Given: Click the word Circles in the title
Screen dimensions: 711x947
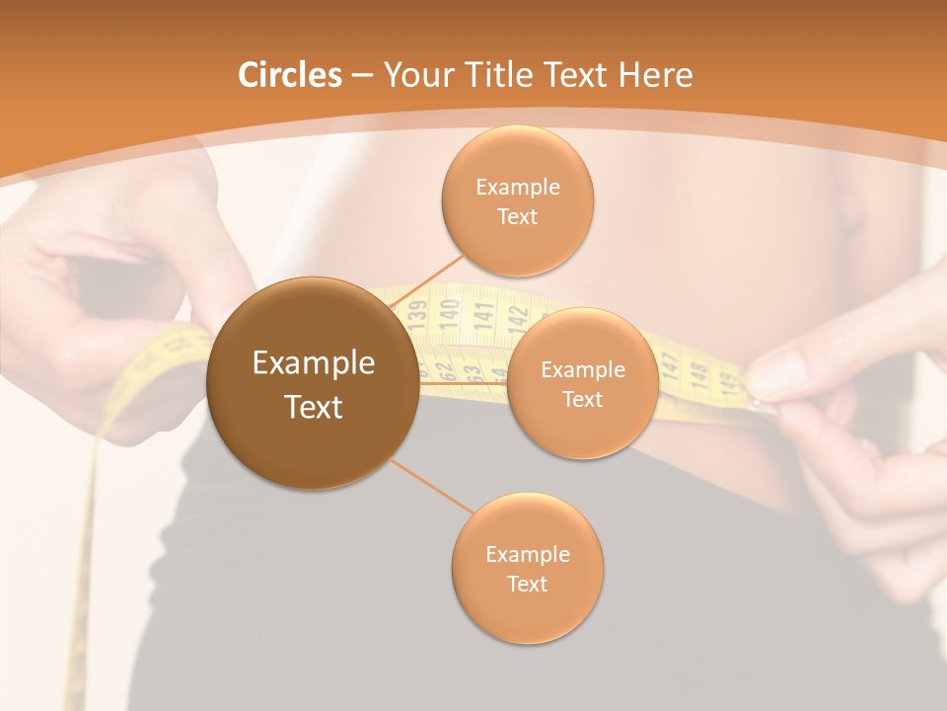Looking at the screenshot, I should tap(289, 75).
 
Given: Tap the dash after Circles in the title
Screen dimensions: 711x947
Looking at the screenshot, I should tap(362, 76).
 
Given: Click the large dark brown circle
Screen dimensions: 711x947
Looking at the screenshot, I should tap(313, 383).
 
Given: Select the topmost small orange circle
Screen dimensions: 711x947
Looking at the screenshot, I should tap(517, 200).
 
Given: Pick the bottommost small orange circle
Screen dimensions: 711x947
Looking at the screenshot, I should tap(527, 569).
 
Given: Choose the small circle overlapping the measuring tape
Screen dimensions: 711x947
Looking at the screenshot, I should tap(582, 383).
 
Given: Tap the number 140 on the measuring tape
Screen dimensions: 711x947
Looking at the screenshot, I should tap(450, 312).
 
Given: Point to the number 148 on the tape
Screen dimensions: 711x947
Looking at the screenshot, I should tap(699, 374).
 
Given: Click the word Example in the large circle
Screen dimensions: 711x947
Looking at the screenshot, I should tap(313, 363).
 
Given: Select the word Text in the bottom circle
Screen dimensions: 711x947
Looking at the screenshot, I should tap(527, 584).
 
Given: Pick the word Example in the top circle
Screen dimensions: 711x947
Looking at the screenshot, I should tap(517, 187).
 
